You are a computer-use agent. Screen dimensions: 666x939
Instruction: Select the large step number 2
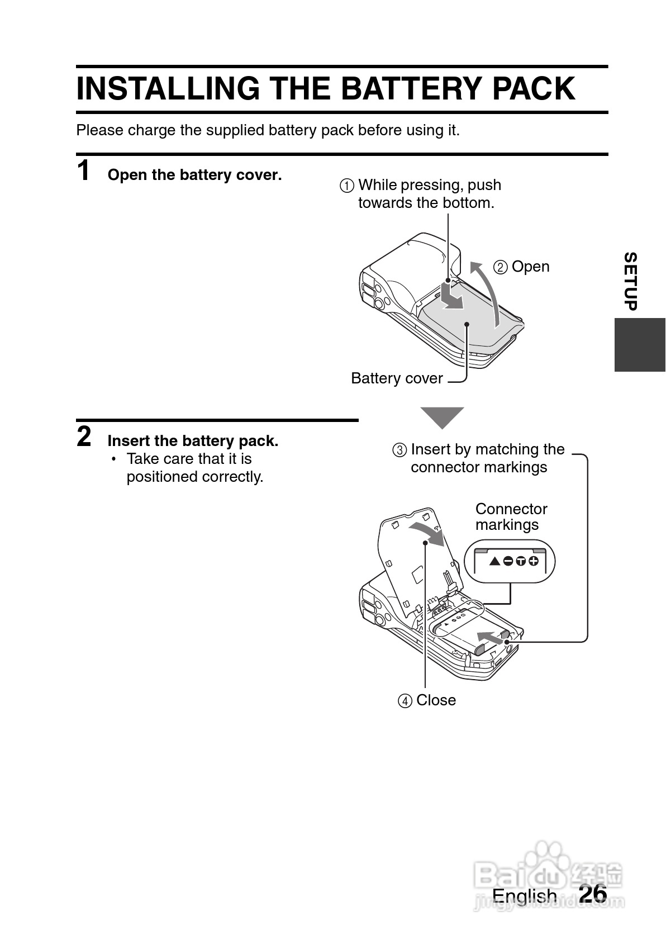click(84, 437)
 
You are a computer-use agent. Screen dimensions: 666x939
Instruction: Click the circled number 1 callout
click(346, 186)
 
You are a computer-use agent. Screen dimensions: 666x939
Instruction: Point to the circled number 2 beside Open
click(500, 267)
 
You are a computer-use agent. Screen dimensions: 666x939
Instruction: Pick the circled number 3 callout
click(399, 450)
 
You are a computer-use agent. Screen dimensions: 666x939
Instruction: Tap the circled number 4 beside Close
click(405, 701)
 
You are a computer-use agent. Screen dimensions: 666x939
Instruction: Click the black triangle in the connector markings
click(495, 561)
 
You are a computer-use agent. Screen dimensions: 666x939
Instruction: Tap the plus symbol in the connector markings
click(534, 561)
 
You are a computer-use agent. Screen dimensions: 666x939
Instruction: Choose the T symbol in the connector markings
click(521, 561)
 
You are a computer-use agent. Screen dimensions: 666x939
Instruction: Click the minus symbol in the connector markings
click(508, 561)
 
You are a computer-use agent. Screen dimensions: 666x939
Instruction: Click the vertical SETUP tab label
click(631, 281)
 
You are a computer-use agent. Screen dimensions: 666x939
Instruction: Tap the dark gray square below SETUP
click(640, 344)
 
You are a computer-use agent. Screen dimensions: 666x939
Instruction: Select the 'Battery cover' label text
click(397, 378)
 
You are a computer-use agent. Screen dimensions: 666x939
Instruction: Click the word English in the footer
click(524, 896)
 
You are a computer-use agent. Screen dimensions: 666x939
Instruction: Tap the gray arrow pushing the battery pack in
click(491, 638)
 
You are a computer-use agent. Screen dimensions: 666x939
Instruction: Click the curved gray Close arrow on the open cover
click(427, 534)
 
